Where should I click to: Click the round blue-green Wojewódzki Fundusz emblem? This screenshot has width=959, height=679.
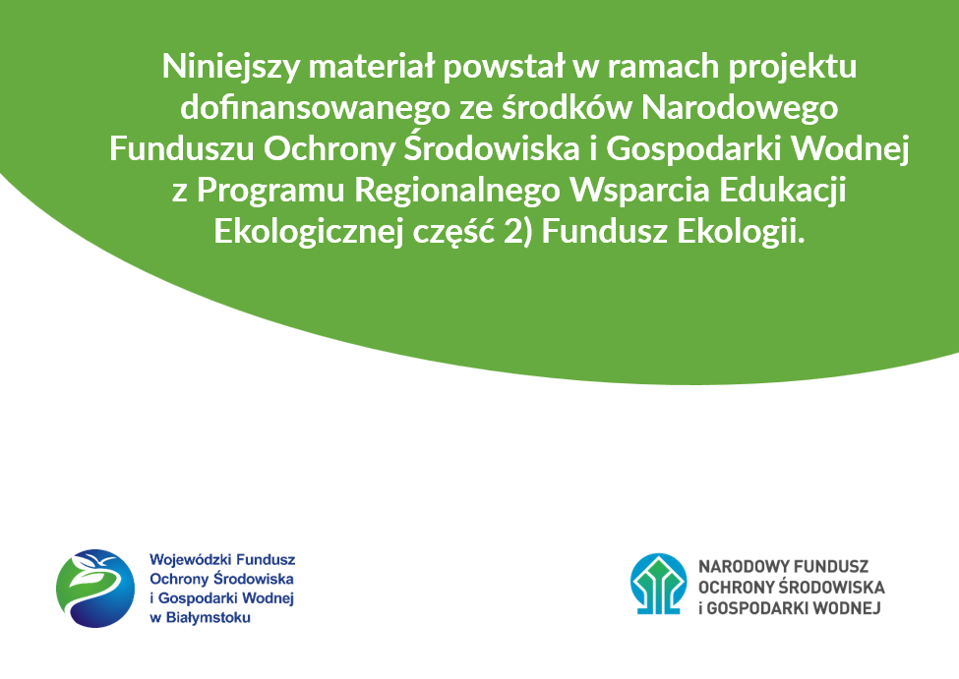[94, 588]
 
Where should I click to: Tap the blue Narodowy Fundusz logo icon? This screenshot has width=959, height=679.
[658, 584]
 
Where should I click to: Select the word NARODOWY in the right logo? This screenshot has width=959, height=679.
[741, 567]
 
